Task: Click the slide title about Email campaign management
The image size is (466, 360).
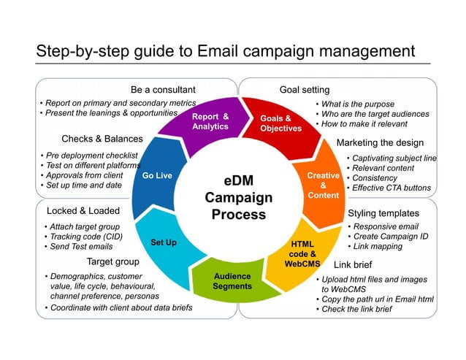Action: [x=226, y=52]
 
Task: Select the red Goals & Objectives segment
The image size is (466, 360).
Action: [x=280, y=123]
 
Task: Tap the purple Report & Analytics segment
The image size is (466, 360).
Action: [x=210, y=121]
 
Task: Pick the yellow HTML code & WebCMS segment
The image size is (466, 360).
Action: [x=302, y=253]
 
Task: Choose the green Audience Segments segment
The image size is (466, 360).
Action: [x=232, y=281]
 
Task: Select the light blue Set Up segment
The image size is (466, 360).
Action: [x=164, y=242]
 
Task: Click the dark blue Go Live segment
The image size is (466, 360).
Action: [x=157, y=176]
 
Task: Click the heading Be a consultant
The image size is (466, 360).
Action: [x=162, y=90]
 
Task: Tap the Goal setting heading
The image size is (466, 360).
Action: [x=305, y=90]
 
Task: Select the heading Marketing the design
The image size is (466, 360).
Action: [x=379, y=142]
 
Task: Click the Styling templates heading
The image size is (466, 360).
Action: [x=383, y=213]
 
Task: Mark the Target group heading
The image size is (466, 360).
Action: [x=112, y=261]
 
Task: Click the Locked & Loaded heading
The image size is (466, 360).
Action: [x=83, y=211]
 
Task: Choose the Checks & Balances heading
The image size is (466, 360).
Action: [x=102, y=139]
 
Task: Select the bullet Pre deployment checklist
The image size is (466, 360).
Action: [x=91, y=156]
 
